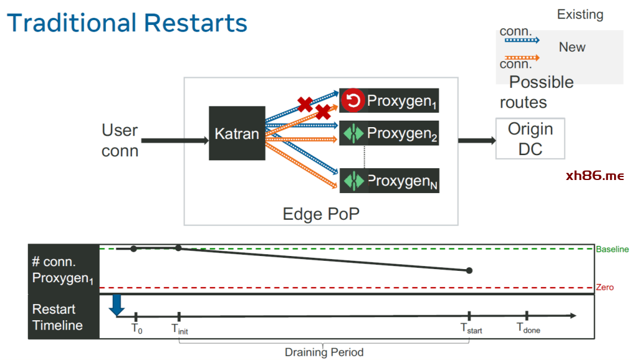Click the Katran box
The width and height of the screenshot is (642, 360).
coord(237,133)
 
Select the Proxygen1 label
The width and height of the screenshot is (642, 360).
coord(402,101)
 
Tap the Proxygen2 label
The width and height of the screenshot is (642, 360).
coord(402,134)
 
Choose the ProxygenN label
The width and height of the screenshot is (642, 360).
coord(402,181)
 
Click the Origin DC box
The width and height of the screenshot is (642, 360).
coord(530,138)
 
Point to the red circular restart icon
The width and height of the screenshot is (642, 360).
coord(352,100)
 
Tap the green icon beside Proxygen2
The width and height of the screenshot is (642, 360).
coord(352,134)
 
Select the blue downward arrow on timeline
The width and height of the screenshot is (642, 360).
coord(117,304)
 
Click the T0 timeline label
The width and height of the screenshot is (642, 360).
coord(137,328)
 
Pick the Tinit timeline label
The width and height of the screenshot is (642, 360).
coord(180,329)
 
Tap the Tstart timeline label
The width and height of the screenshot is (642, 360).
coord(471,328)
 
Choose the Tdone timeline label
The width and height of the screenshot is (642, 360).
coord(528,328)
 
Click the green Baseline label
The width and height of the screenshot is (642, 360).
coord(612,250)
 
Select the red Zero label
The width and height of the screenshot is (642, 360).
coord(605,288)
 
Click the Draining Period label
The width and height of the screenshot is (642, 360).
coord(324,352)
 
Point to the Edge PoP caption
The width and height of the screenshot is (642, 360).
coord(321,214)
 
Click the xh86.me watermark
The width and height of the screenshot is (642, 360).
coord(595,176)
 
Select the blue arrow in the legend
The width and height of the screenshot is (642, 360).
coord(521,40)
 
